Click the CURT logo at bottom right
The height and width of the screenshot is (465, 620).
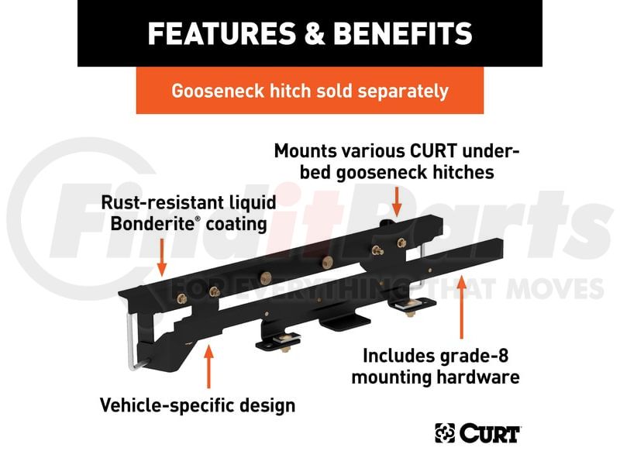477,432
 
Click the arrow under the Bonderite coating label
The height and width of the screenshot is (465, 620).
162,257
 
